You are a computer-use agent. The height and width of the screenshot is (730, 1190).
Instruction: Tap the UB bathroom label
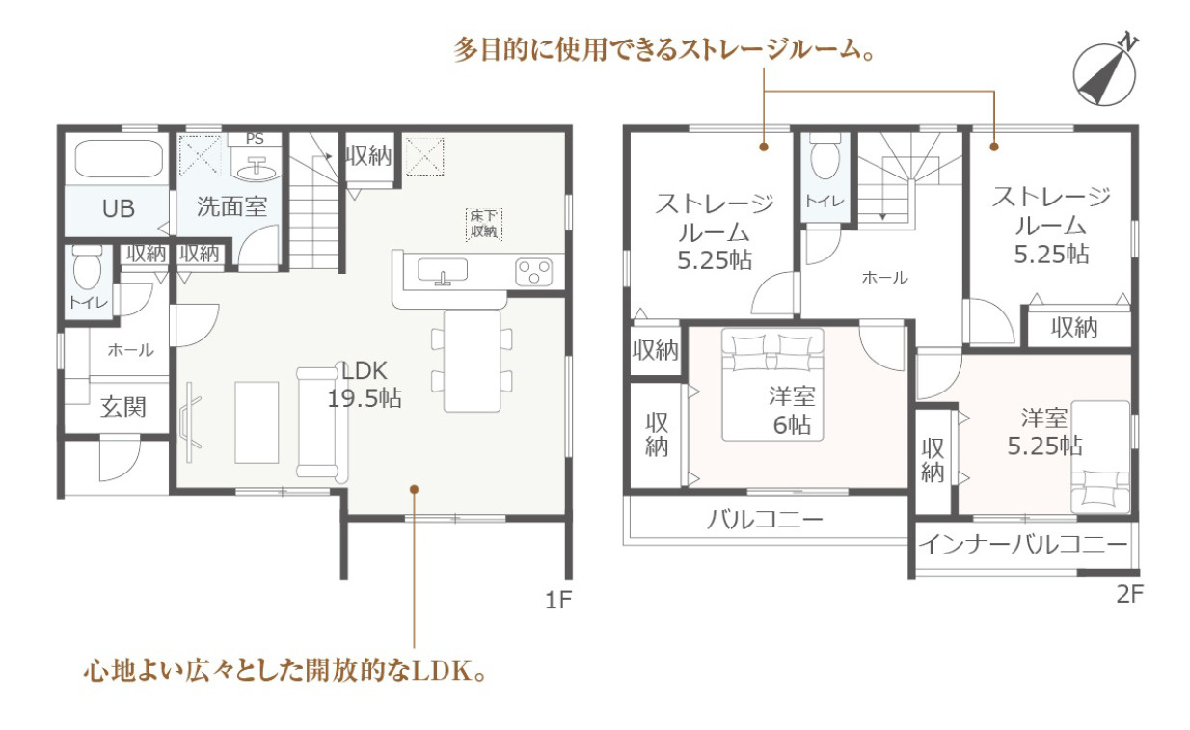tap(119, 207)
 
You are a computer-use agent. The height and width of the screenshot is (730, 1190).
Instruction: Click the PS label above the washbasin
tap(255, 139)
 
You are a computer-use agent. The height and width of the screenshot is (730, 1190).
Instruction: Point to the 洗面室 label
tap(231, 205)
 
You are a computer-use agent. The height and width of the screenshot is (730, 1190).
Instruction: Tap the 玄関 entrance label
tap(123, 407)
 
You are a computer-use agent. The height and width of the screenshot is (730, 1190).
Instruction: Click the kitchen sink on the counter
tap(443, 272)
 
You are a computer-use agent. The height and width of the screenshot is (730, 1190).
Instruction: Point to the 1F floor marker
tap(558, 600)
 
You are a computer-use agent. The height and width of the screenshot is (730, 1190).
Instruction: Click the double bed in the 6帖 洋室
tap(772, 384)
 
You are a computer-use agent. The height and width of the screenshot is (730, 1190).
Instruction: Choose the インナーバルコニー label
tap(1022, 545)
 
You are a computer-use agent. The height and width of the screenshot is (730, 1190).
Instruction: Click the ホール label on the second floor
tap(883, 278)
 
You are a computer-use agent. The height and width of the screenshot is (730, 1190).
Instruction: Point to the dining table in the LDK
tap(473, 360)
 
